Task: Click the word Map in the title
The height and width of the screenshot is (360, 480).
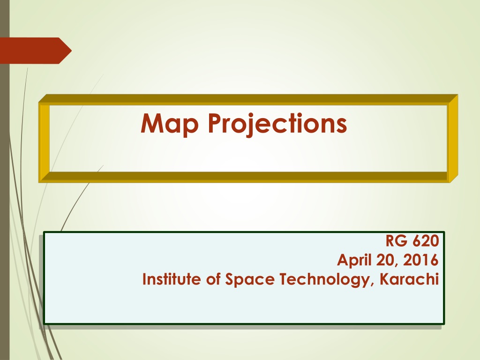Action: tap(170, 124)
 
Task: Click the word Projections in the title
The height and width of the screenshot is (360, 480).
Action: tap(277, 124)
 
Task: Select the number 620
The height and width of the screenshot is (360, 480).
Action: tap(426, 240)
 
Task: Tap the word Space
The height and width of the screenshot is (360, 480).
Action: tap(250, 279)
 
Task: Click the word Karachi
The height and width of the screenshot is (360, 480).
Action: tap(409, 279)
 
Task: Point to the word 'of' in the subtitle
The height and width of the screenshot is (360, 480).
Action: tap(213, 279)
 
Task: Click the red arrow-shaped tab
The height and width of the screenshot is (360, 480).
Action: tap(36, 51)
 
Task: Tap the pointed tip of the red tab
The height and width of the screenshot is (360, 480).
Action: tap(71, 51)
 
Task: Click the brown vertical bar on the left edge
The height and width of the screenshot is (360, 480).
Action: tap(5, 180)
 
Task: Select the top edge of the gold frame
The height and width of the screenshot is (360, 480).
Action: tap(248, 100)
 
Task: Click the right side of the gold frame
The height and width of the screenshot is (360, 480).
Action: tap(452, 139)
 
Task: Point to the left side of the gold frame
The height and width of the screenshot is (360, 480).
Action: tap(45, 139)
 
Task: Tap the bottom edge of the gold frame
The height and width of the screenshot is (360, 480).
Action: tap(248, 177)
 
